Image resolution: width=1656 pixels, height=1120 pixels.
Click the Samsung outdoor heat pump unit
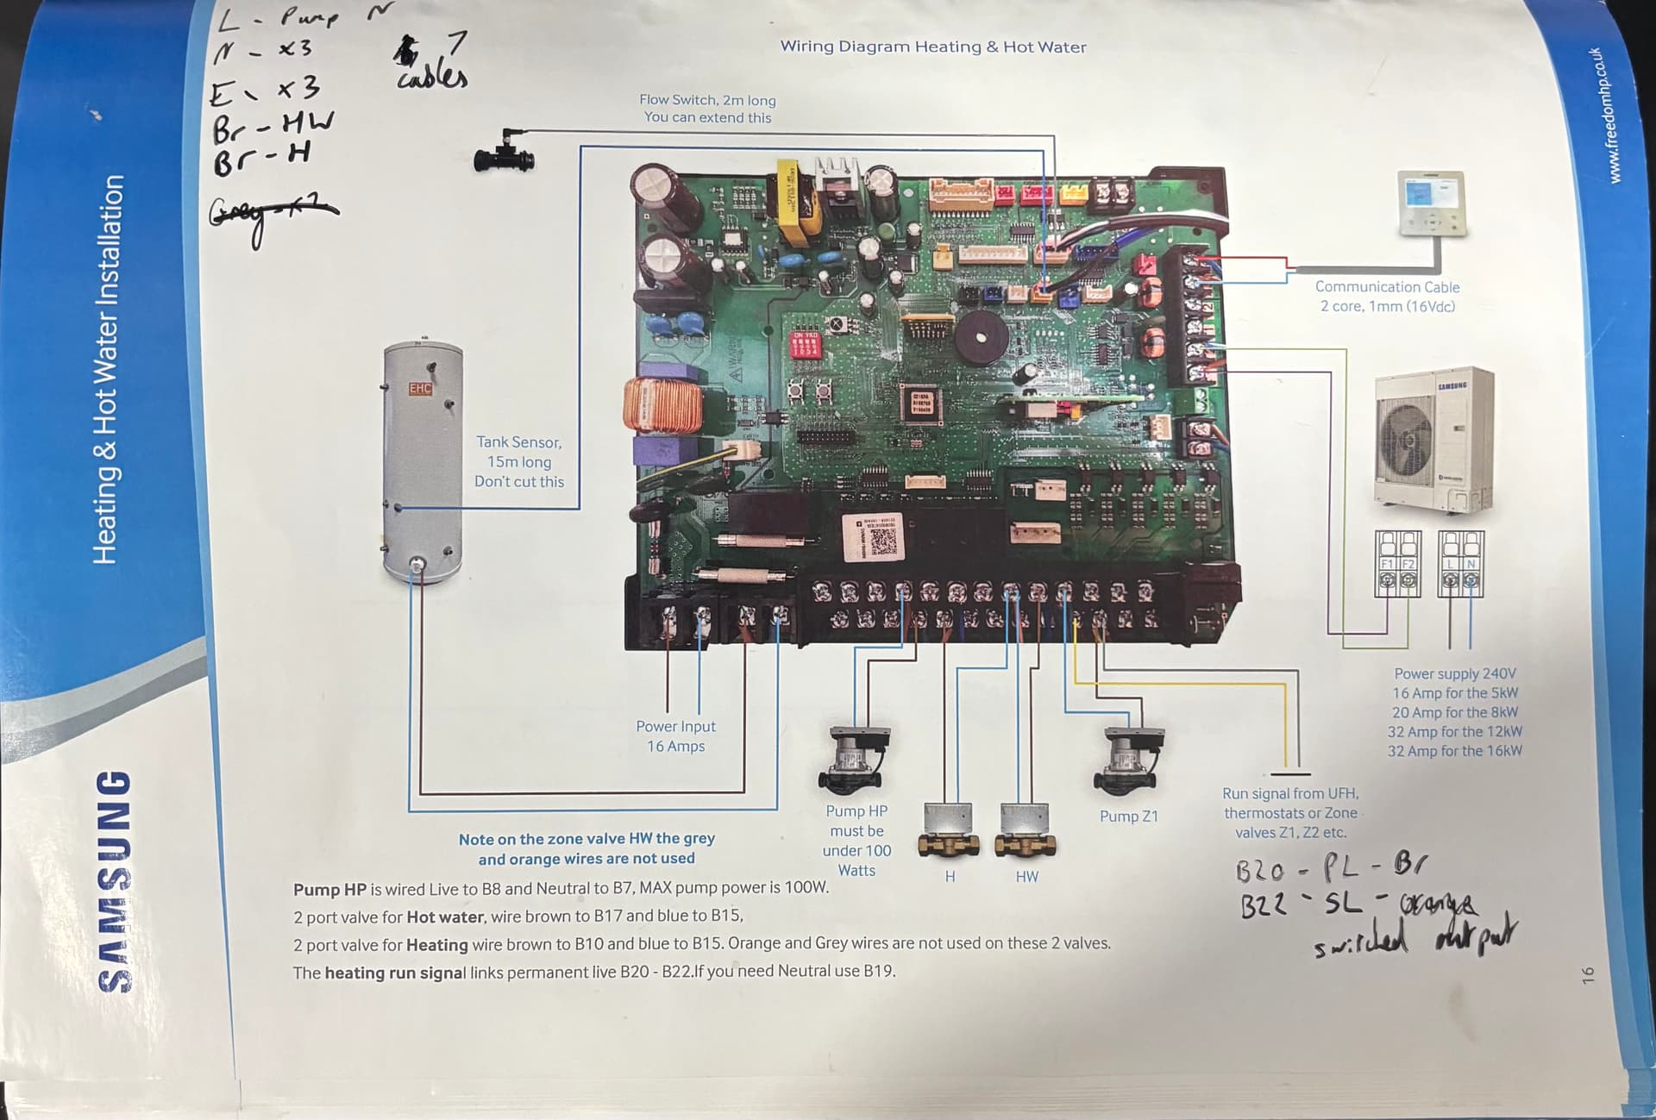[1433, 440]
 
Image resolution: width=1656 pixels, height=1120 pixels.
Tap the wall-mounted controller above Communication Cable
[1431, 203]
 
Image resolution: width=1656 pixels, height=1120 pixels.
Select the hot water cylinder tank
[422, 461]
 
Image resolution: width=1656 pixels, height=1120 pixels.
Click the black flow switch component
[505, 153]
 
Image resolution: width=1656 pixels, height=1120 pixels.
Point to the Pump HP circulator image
[854, 759]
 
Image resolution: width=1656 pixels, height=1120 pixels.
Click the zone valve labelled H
[948, 829]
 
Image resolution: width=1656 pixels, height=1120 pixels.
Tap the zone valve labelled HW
[1026, 829]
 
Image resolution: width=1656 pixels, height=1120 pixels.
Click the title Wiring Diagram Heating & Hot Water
[932, 47]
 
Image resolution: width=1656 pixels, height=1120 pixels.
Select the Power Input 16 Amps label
[675, 736]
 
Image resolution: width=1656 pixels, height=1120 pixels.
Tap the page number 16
[1588, 974]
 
